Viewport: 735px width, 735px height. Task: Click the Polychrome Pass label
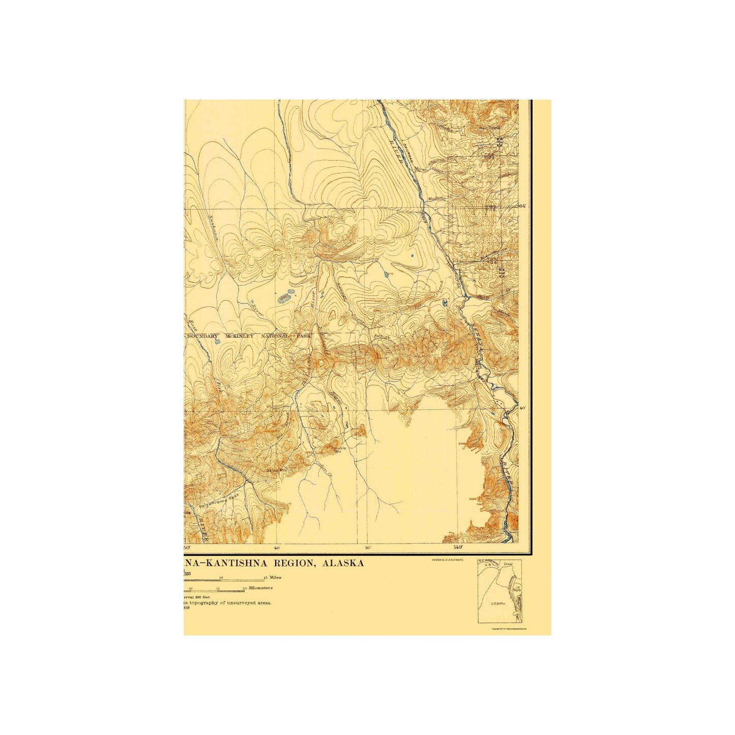[219, 505]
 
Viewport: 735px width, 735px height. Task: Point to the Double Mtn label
[338, 449]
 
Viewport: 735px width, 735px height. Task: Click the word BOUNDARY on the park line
[206, 336]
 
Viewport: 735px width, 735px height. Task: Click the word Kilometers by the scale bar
[260, 587]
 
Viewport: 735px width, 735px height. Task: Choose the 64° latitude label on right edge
[521, 206]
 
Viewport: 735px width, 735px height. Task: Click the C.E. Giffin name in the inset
[497, 604]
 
